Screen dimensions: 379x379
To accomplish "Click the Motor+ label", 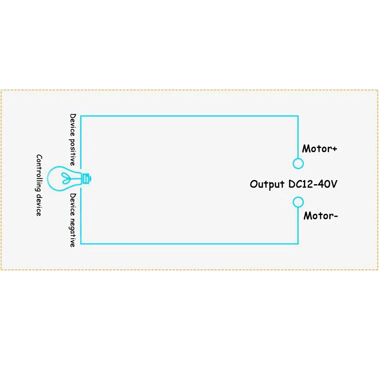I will (319, 149).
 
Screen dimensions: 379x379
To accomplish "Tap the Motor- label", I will (321, 216).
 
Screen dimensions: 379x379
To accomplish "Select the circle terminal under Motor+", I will (298, 163).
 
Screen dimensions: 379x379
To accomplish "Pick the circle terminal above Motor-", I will (298, 202).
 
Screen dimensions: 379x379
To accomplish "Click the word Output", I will (267, 185).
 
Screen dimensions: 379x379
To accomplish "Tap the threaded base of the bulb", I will (87, 177).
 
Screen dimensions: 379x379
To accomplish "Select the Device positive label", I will (73, 139).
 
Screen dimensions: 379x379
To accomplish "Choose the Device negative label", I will (73, 220).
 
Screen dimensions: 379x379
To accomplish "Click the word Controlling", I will (39, 172).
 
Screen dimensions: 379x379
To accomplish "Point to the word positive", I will (73, 151).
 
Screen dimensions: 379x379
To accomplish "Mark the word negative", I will (73, 232).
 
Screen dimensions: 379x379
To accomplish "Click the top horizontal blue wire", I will (189, 116).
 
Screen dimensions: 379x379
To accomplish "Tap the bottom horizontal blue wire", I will (189, 243).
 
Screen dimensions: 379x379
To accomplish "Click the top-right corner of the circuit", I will (298, 116).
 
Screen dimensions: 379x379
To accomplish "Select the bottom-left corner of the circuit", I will (81, 243).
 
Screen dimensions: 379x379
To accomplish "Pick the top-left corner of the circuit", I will (81, 116).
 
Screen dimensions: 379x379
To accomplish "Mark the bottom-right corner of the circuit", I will (298, 243).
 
